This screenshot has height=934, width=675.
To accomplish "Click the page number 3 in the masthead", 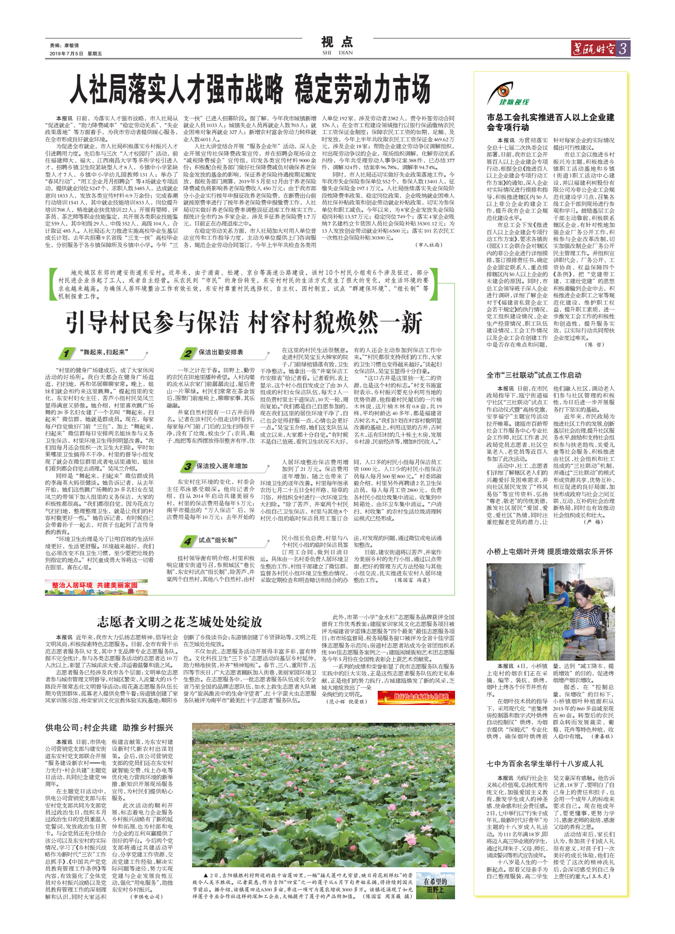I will tap(623, 48).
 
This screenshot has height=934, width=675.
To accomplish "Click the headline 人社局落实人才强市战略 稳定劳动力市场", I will tap(250, 90).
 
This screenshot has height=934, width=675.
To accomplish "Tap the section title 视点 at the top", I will tap(337, 43).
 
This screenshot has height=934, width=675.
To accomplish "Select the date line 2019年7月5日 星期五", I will tap(76, 53).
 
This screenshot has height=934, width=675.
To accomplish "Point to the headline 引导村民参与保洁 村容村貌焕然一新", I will tap(243, 322).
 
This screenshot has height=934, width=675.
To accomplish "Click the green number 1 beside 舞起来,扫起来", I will tap(67, 353).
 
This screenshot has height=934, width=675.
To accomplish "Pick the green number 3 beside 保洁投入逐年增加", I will tap(187, 467).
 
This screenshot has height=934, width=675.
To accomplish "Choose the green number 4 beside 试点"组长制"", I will tap(187, 541).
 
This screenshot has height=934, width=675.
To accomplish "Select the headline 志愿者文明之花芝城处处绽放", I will tap(179, 622).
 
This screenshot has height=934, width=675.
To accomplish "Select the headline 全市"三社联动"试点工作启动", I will tap(534, 375).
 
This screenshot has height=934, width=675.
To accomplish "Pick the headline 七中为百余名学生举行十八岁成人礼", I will tap(545, 763).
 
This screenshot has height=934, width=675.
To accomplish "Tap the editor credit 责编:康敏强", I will tap(64, 45).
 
